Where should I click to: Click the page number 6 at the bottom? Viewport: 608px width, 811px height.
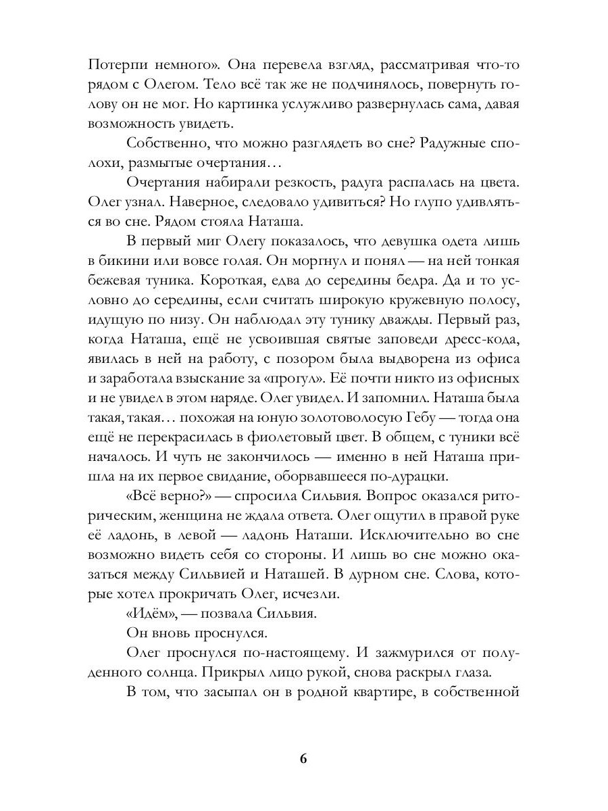303,758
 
